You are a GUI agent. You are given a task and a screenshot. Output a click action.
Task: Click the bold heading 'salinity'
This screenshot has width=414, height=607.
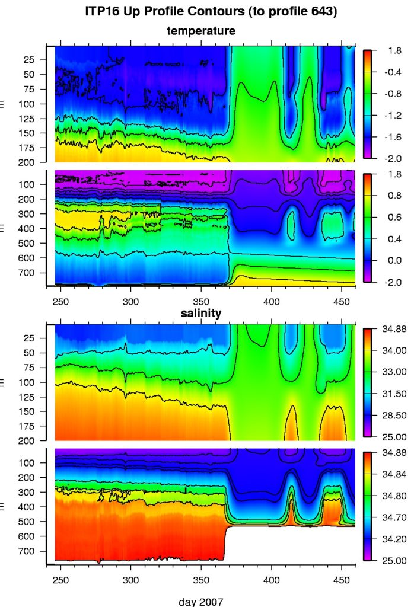201,314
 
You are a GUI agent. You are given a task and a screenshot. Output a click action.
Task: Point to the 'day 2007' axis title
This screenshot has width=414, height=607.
201,602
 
